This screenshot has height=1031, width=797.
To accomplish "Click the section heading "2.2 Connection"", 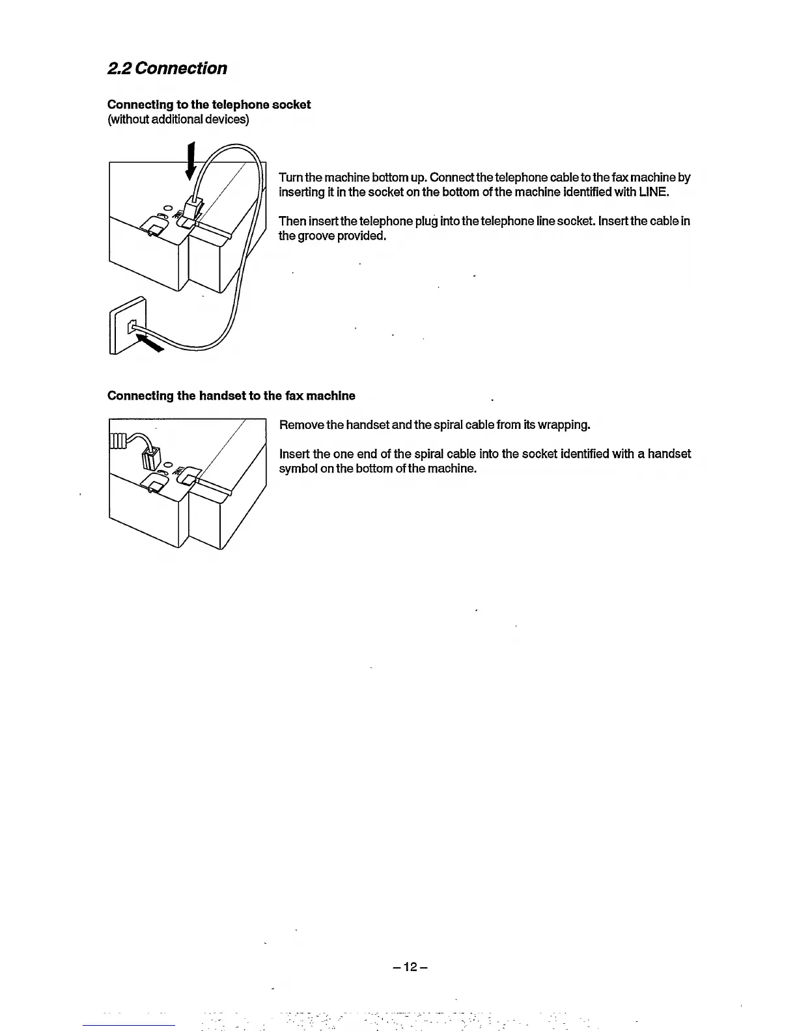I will pyautogui.click(x=167, y=68).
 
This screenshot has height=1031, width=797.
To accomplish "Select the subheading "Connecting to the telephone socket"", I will pyautogui.click(x=208, y=105).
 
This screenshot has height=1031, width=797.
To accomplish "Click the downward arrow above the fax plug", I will pyautogui.click(x=191, y=161).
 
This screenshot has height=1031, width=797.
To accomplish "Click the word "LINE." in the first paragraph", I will pyautogui.click(x=654, y=192).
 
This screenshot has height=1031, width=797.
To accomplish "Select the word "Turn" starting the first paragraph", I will pyautogui.click(x=290, y=178).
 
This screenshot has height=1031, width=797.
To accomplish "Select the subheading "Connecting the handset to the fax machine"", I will pyautogui.click(x=231, y=396).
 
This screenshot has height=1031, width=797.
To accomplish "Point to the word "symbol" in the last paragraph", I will pyautogui.click(x=298, y=469).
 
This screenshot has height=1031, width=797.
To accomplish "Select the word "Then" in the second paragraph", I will pyautogui.click(x=292, y=221).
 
